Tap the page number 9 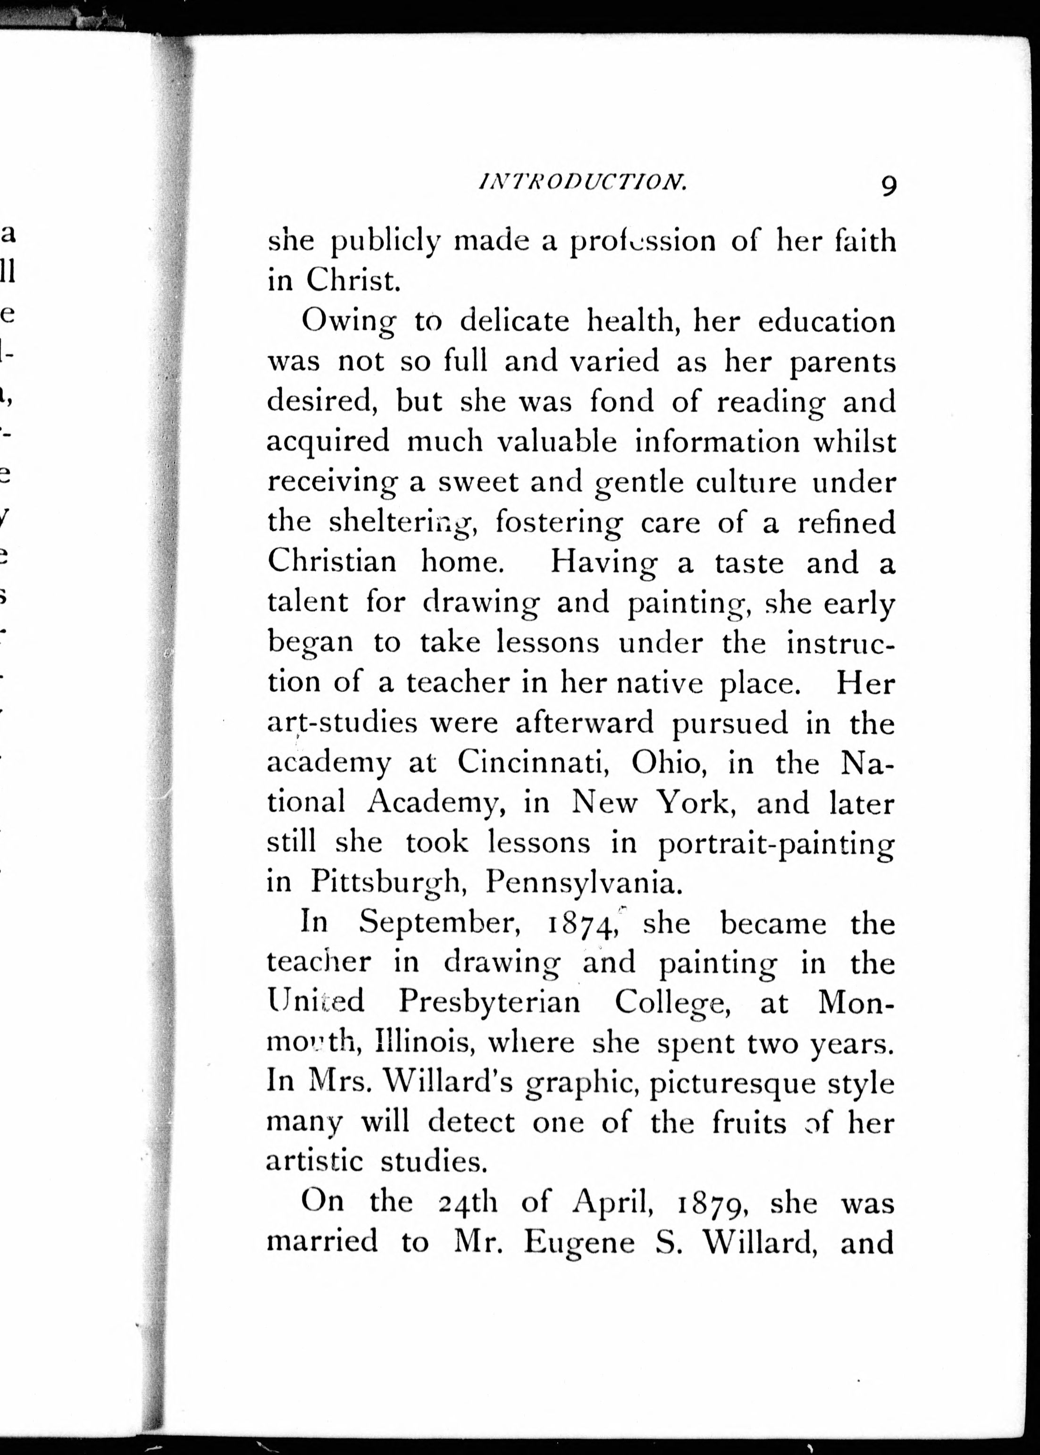(888, 186)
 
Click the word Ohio (669, 763)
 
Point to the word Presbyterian (489, 1003)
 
